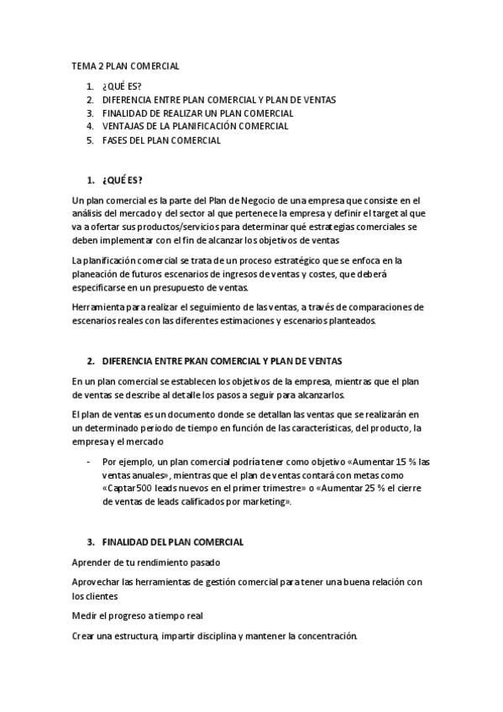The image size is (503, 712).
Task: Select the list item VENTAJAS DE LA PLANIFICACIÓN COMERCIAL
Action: click(195, 126)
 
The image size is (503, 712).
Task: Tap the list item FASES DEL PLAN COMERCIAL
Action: click(161, 140)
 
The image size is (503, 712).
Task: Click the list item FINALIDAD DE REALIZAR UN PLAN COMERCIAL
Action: click(197, 113)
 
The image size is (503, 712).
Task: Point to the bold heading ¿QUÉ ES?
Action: click(122, 181)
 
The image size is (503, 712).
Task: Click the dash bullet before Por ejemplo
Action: click(88, 462)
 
